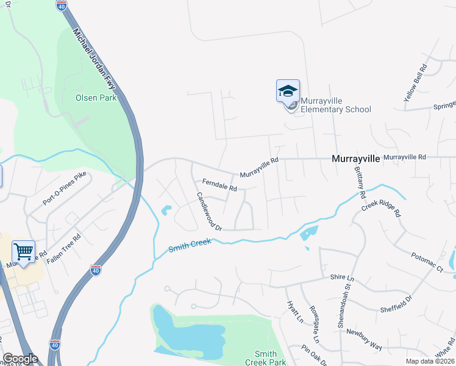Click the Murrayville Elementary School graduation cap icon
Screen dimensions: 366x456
click(x=288, y=91)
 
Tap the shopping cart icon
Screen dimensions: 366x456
click(x=23, y=251)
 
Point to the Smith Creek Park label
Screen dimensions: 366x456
click(x=269, y=358)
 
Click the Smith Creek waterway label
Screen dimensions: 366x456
click(x=190, y=246)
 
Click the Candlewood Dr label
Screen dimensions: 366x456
click(x=208, y=212)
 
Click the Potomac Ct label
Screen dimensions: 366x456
click(x=426, y=261)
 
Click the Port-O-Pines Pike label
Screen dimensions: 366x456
click(x=65, y=187)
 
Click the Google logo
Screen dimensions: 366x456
click(x=20, y=359)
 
